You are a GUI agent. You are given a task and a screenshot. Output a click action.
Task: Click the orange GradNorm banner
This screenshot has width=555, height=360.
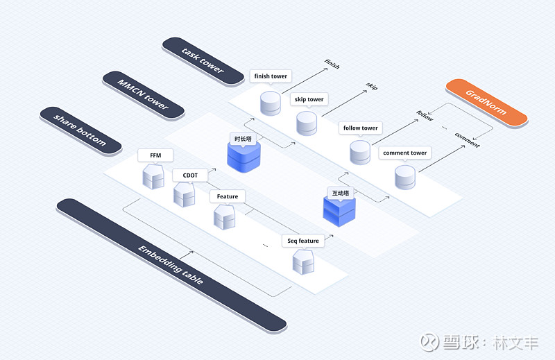[486, 103]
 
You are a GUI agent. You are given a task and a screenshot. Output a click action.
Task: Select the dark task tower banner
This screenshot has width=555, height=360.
[203, 61]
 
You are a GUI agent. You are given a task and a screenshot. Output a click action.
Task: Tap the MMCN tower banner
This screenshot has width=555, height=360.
[144, 95]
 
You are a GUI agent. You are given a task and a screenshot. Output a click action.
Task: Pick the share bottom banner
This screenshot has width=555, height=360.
[80, 130]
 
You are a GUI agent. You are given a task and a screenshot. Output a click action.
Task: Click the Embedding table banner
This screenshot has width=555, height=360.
[171, 265]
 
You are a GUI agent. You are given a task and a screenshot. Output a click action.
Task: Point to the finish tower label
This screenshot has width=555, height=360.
[271, 76]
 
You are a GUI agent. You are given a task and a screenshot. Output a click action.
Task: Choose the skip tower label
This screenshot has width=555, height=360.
[309, 99]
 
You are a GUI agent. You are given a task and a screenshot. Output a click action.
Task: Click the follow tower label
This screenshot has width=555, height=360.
[360, 128]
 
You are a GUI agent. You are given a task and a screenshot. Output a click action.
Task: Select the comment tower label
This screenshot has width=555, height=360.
[405, 153]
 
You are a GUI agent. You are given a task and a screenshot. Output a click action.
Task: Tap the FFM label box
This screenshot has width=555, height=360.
[155, 155]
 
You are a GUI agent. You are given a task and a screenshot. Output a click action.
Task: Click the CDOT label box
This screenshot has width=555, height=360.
[190, 175]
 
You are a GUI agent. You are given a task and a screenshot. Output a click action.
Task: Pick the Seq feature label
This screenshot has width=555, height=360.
[303, 241]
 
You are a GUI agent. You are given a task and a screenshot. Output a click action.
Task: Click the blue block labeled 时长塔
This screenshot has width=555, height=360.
[244, 157]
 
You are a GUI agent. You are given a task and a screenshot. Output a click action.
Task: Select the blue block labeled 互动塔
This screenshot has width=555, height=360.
[339, 212]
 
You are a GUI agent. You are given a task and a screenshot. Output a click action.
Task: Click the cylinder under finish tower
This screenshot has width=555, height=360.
[271, 103]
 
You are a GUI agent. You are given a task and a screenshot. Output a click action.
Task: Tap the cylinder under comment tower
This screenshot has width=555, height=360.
[405, 178]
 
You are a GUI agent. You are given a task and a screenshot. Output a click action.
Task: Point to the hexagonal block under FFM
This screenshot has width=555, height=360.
[153, 176]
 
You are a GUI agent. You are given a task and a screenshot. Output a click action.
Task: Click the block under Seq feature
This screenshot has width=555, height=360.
[303, 262]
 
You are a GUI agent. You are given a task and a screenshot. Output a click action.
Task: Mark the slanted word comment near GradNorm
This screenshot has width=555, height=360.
[467, 140]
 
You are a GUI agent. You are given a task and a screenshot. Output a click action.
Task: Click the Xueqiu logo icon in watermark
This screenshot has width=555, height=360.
[429, 342]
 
